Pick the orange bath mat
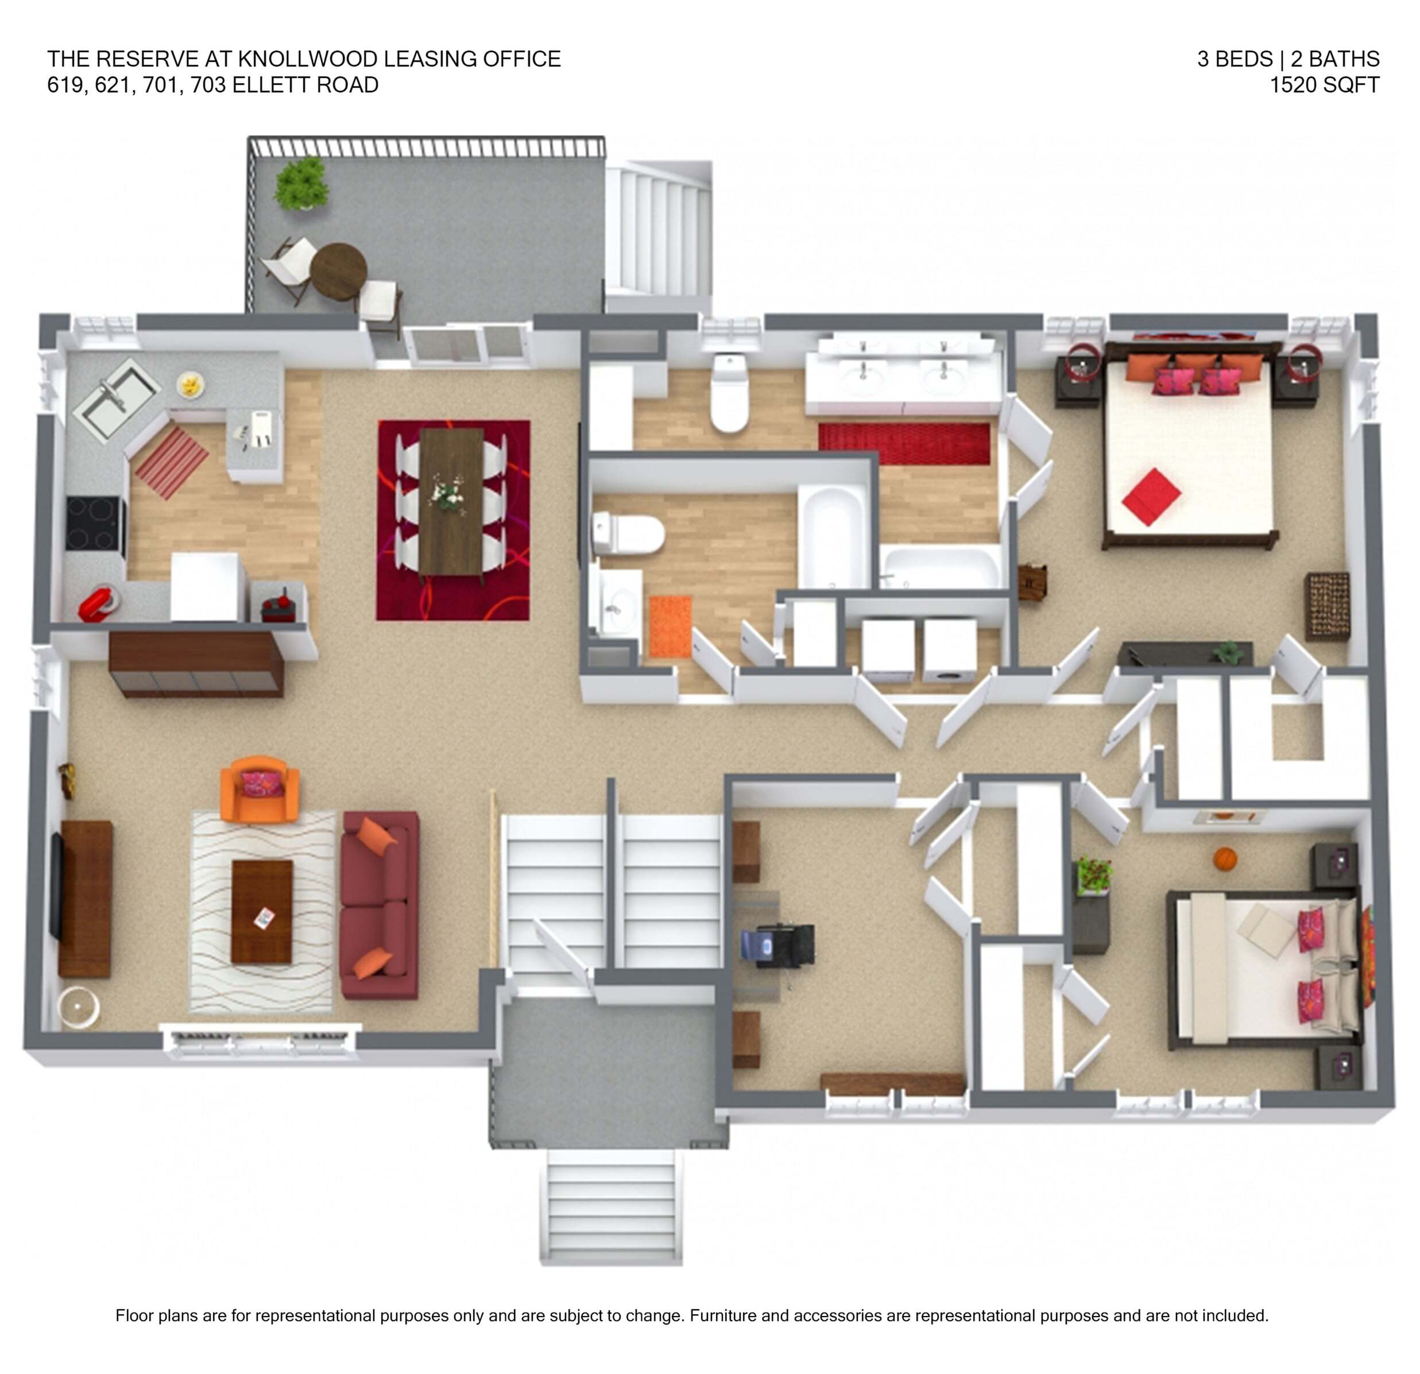[x=670, y=626]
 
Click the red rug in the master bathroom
[x=904, y=444]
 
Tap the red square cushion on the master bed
[x=1151, y=497]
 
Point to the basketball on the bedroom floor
[x=1224, y=859]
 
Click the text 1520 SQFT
[x=1324, y=85]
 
